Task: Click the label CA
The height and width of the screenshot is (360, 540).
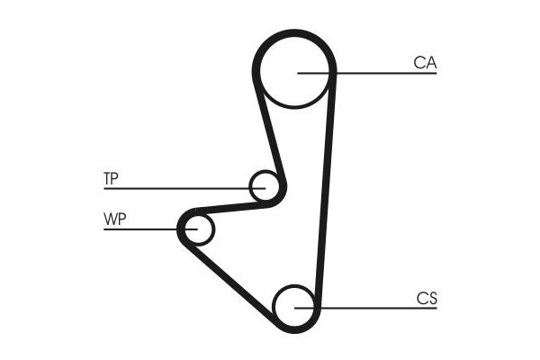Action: tap(425, 62)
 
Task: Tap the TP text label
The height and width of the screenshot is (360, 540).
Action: tap(111, 179)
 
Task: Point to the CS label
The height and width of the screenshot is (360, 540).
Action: tap(427, 298)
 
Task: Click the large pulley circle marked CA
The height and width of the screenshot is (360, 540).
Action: tap(294, 72)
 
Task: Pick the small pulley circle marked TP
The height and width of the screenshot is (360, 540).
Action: tap(265, 186)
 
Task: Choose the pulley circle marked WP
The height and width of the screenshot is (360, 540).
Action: tap(197, 229)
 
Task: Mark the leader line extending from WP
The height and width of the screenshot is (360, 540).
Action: tap(144, 229)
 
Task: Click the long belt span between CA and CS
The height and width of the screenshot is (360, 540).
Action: tap(326, 189)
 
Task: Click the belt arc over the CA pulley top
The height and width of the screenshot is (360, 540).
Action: tap(294, 33)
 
